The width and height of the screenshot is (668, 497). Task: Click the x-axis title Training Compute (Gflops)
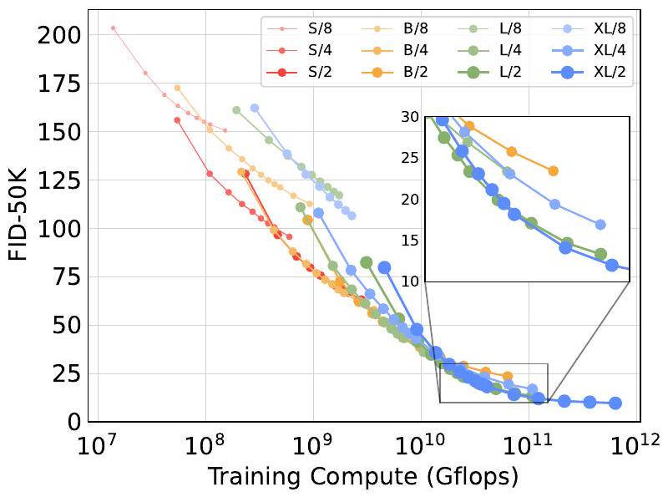pyautogui.click(x=362, y=477)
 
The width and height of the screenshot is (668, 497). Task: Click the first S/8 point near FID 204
pyautogui.click(x=114, y=28)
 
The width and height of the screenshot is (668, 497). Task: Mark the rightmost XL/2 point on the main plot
pyautogui.click(x=615, y=403)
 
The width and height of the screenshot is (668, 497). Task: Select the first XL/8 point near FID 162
pyautogui.click(x=255, y=108)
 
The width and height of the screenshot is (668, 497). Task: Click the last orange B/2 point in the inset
pyautogui.click(x=553, y=170)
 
